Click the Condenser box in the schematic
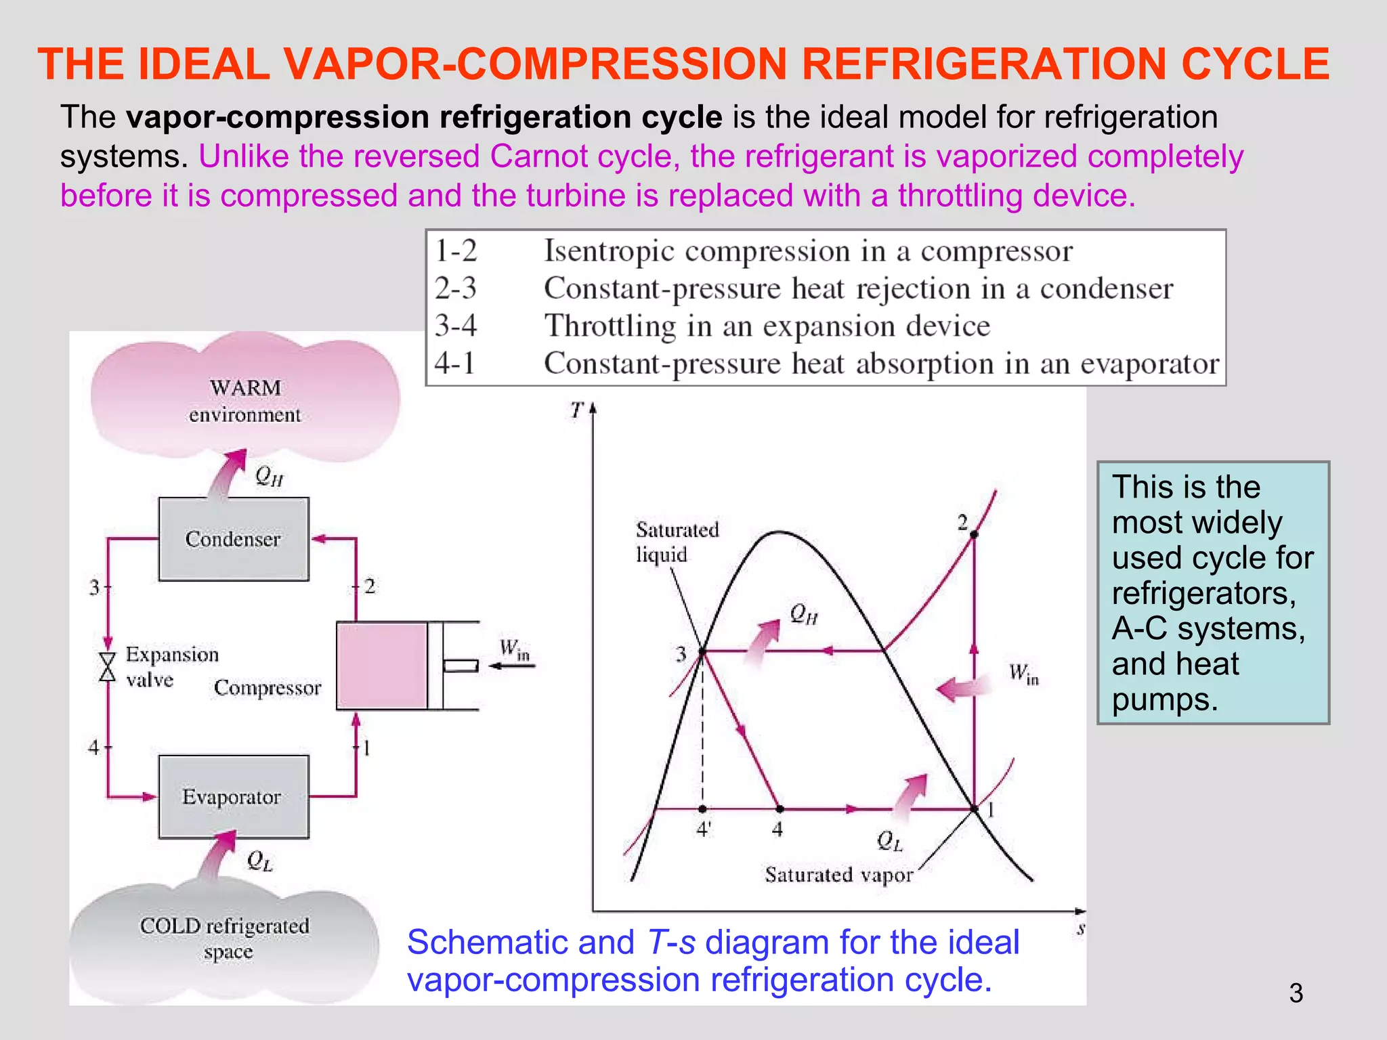[x=234, y=539]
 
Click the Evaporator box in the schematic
[x=234, y=797]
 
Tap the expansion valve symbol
[x=107, y=667]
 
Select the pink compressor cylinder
[x=382, y=666]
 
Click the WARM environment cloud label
[x=245, y=401]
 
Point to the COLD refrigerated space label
[x=225, y=938]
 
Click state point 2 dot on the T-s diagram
[x=974, y=534]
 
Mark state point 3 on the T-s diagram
[x=702, y=651]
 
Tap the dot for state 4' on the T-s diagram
[x=702, y=809]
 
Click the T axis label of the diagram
[x=576, y=410]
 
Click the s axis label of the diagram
[x=1081, y=928]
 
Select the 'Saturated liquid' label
[x=677, y=542]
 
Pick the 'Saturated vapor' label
[x=838, y=875]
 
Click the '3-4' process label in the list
[x=456, y=326]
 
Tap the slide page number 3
[x=1296, y=993]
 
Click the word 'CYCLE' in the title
[x=1255, y=64]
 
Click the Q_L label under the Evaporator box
[x=259, y=861]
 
